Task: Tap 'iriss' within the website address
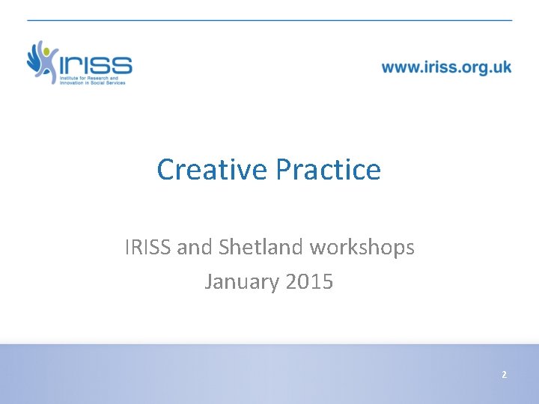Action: tap(441, 67)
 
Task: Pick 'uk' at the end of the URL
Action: tap(502, 67)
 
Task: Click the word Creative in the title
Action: tap(212, 170)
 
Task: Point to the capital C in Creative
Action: tap(165, 170)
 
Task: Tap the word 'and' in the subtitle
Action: tap(192, 247)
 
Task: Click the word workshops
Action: tap(362, 248)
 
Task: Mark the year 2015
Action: tap(309, 282)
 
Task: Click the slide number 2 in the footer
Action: tap(504, 374)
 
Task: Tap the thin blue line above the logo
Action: tap(269, 19)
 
